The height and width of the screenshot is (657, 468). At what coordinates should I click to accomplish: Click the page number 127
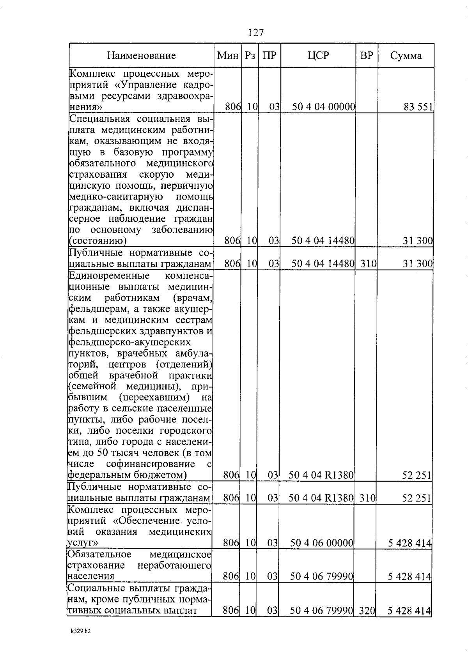256,33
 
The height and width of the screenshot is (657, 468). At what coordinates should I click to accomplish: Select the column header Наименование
142,56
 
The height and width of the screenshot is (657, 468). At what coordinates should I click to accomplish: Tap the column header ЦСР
318,56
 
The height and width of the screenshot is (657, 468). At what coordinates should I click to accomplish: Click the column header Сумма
406,56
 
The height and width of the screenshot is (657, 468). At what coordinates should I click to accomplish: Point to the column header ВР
367,56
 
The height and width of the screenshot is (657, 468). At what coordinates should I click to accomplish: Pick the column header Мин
228,56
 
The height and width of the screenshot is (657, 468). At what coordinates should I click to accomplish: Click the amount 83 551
418,107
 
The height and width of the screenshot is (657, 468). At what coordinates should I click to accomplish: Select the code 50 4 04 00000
323,107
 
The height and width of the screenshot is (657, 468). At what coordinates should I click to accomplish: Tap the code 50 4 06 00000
322,543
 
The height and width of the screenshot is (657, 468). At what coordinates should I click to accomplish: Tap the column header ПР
269,56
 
